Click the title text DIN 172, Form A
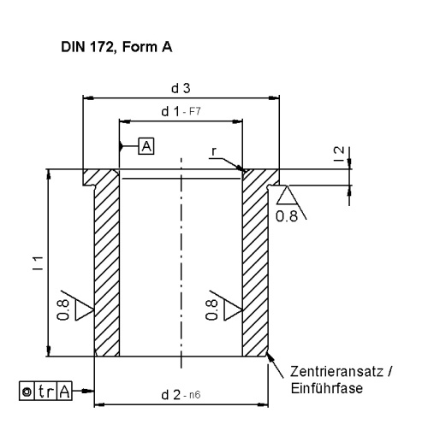[x=116, y=47]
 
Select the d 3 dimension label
[x=181, y=88]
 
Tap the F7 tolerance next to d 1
[x=195, y=111]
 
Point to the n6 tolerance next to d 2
[x=195, y=395]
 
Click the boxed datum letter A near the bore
[x=146, y=146]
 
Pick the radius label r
[x=214, y=151]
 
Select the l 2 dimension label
[x=339, y=154]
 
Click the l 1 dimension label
[x=38, y=263]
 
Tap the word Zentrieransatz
[x=336, y=371]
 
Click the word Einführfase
[x=327, y=388]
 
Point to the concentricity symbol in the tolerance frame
[x=27, y=392]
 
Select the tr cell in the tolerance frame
[x=45, y=392]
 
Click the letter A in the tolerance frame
[x=64, y=392]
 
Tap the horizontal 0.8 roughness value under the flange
[x=287, y=216]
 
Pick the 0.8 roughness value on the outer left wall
[x=63, y=309]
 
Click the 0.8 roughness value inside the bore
[x=211, y=309]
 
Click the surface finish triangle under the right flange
[x=287, y=195]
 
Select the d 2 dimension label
[x=170, y=395]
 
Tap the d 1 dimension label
[x=170, y=111]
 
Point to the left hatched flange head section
[x=100, y=177]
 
